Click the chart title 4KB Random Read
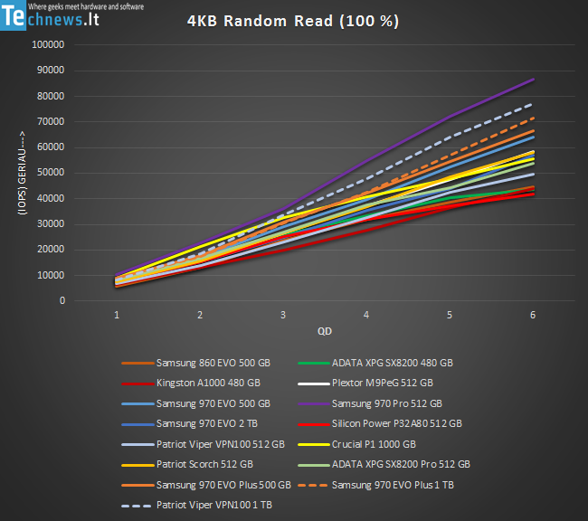click(x=294, y=21)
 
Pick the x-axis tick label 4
click(x=366, y=315)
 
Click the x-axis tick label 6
click(x=533, y=315)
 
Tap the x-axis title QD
click(x=324, y=331)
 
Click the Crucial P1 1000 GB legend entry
click(x=370, y=443)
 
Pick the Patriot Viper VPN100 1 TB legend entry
click(x=209, y=504)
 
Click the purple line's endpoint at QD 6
click(x=534, y=80)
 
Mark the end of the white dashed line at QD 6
click(x=533, y=104)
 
